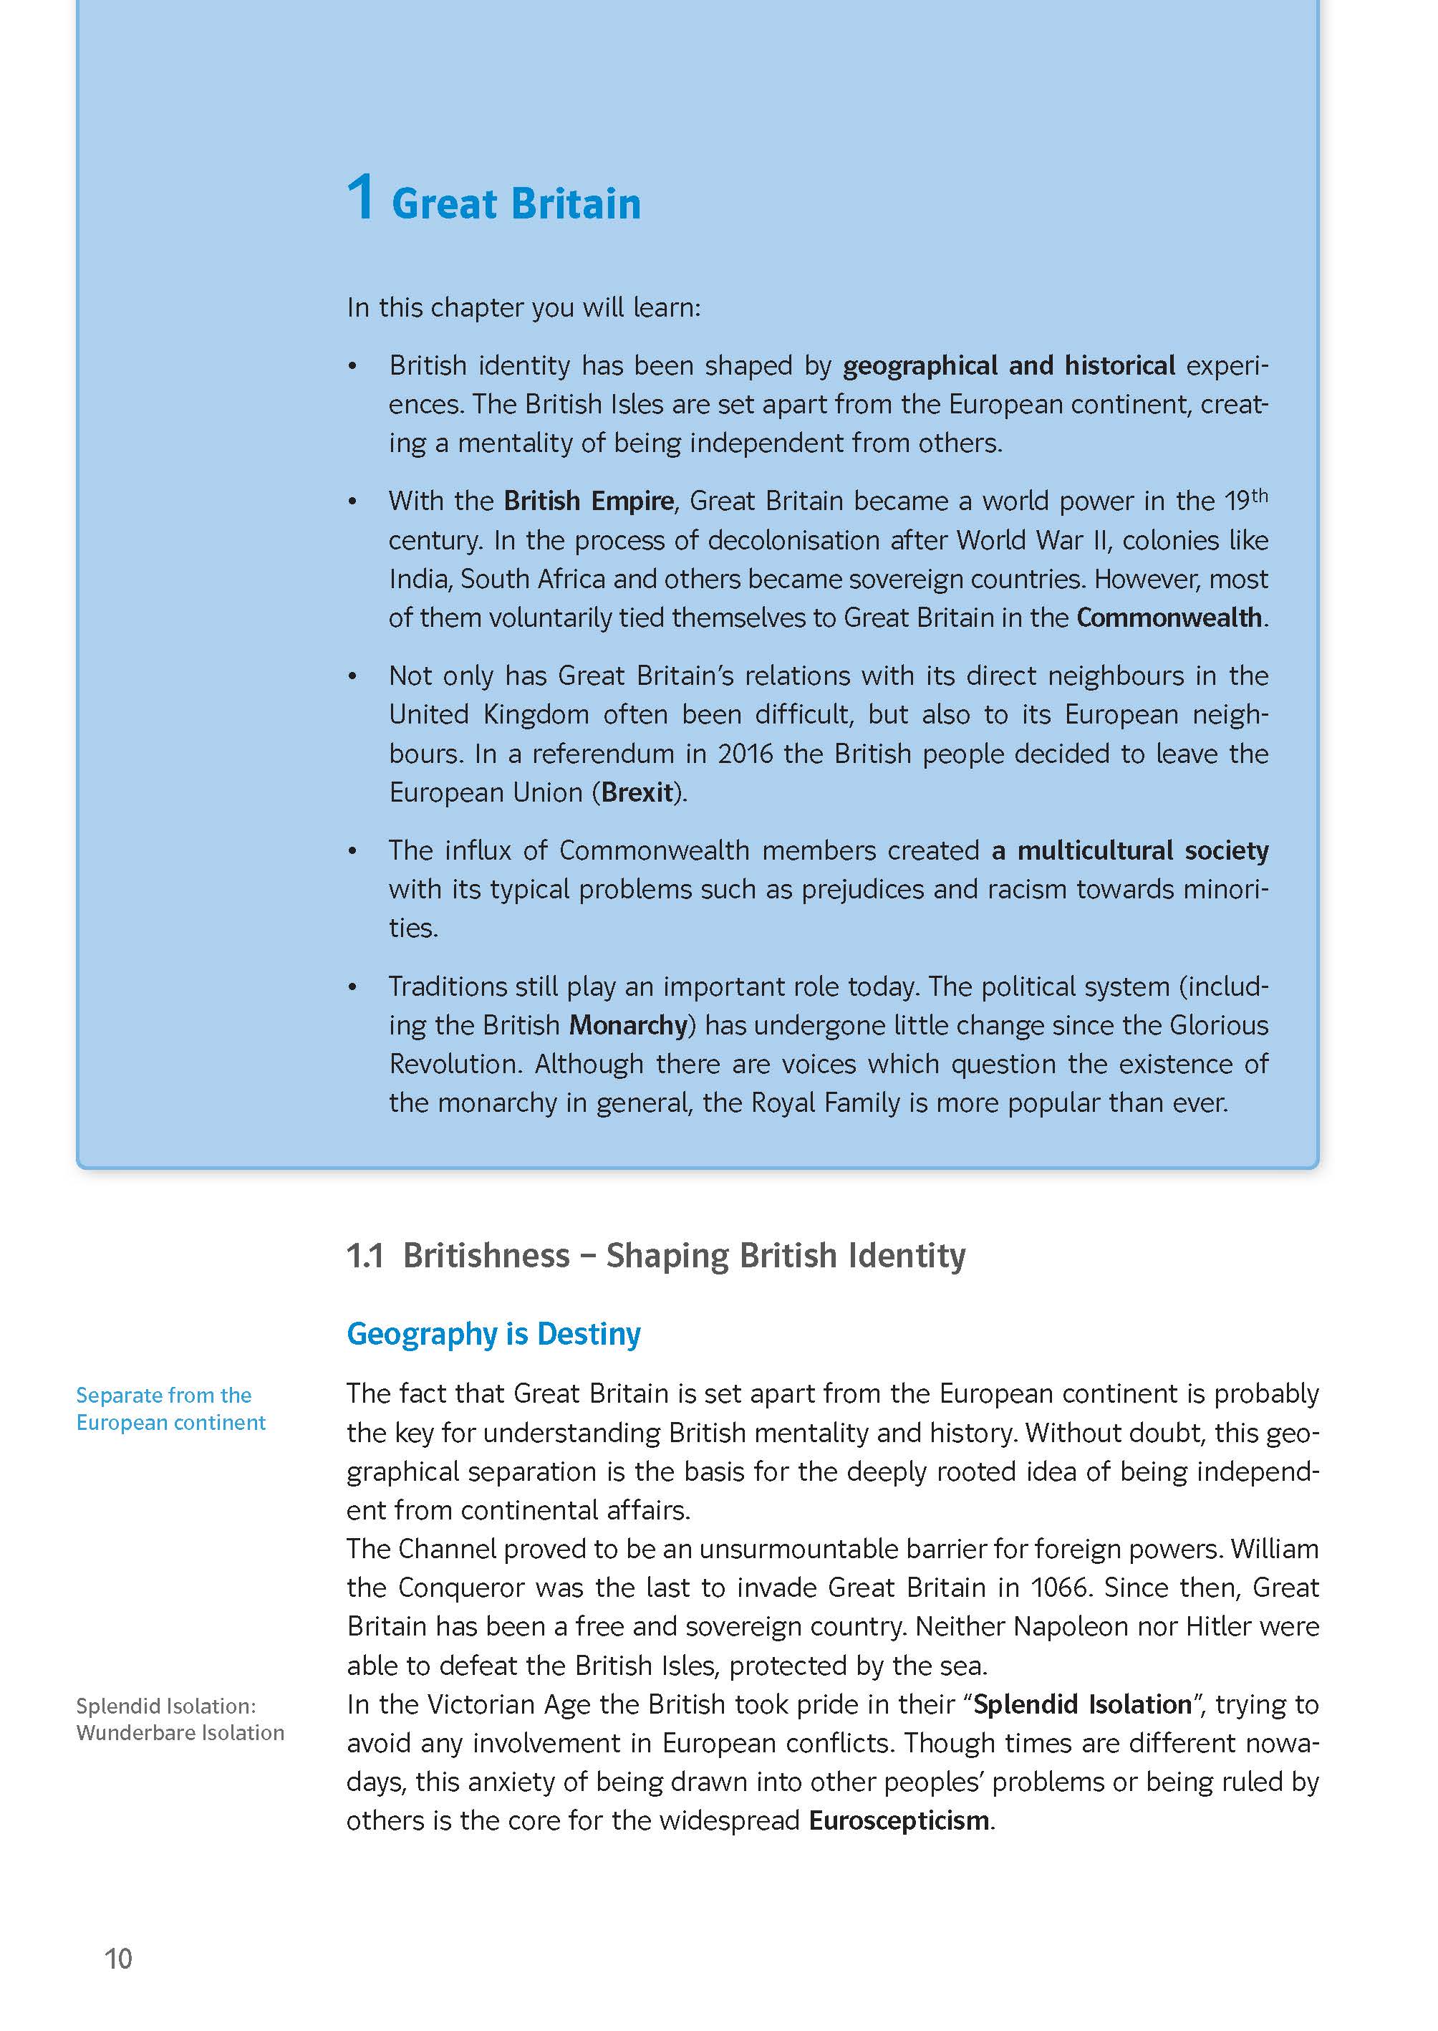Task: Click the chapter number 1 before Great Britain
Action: (x=359, y=198)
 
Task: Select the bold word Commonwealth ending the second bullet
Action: (x=1169, y=618)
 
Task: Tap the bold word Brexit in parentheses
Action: (x=637, y=792)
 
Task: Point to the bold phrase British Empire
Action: (x=589, y=501)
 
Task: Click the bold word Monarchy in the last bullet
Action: (x=628, y=1024)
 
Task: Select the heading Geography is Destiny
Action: (x=493, y=1334)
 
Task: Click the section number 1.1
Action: (x=365, y=1256)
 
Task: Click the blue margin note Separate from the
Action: (x=164, y=1395)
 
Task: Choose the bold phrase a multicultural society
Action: (x=1130, y=850)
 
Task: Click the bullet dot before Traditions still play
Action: (x=352, y=986)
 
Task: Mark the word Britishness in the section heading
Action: (x=486, y=1256)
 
